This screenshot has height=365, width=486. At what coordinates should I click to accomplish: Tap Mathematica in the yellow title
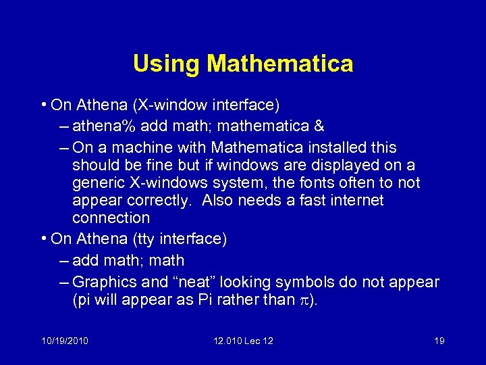pos(280,64)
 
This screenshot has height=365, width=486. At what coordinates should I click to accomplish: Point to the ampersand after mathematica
pos(319,126)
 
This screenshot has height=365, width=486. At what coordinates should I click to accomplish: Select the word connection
pos(111,218)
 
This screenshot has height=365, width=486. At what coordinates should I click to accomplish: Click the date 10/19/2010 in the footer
pos(64,341)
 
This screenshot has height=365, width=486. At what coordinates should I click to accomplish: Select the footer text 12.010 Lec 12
pos(242,341)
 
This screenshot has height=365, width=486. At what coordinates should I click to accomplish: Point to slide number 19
pos(439,341)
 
